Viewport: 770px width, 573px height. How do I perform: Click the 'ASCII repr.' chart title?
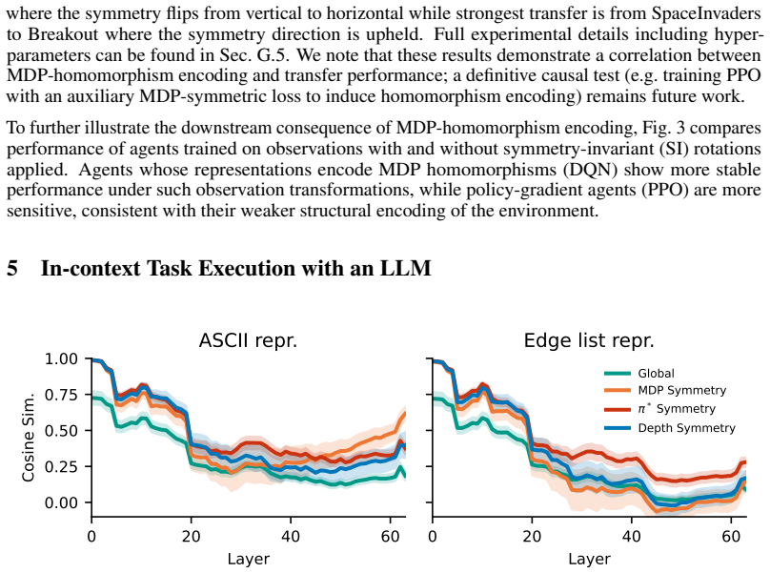pyautogui.click(x=248, y=340)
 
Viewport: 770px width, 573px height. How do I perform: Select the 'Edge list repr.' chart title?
pyautogui.click(x=589, y=340)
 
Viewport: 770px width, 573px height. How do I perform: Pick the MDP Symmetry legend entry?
pyautogui.click(x=665, y=391)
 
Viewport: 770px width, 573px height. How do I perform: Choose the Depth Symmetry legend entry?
pyautogui.click(x=670, y=428)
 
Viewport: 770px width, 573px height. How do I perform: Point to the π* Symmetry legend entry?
pyautogui.click(x=659, y=409)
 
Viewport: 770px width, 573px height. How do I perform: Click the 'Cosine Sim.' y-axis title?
pyautogui.click(x=28, y=437)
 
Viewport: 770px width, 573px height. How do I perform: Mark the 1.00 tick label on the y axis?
pyautogui.click(x=61, y=358)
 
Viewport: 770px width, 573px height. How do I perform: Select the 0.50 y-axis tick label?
pyautogui.click(x=61, y=431)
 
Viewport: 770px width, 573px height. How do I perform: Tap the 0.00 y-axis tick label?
pyautogui.click(x=61, y=502)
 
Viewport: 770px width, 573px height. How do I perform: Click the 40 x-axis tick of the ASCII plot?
pyautogui.click(x=291, y=536)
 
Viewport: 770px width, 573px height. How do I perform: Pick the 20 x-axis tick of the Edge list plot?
pyautogui.click(x=532, y=536)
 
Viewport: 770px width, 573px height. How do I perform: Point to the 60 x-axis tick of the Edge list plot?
pyautogui.click(x=731, y=536)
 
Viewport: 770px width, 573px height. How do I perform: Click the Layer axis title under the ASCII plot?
pyautogui.click(x=248, y=560)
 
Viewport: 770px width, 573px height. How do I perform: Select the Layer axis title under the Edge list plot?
pyautogui.click(x=589, y=560)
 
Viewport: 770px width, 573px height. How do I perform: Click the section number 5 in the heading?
pyautogui.click(x=12, y=268)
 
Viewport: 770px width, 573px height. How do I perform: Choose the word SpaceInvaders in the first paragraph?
pyautogui.click(x=706, y=13)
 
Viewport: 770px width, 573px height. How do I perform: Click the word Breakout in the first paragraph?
pyautogui.click(x=63, y=34)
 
